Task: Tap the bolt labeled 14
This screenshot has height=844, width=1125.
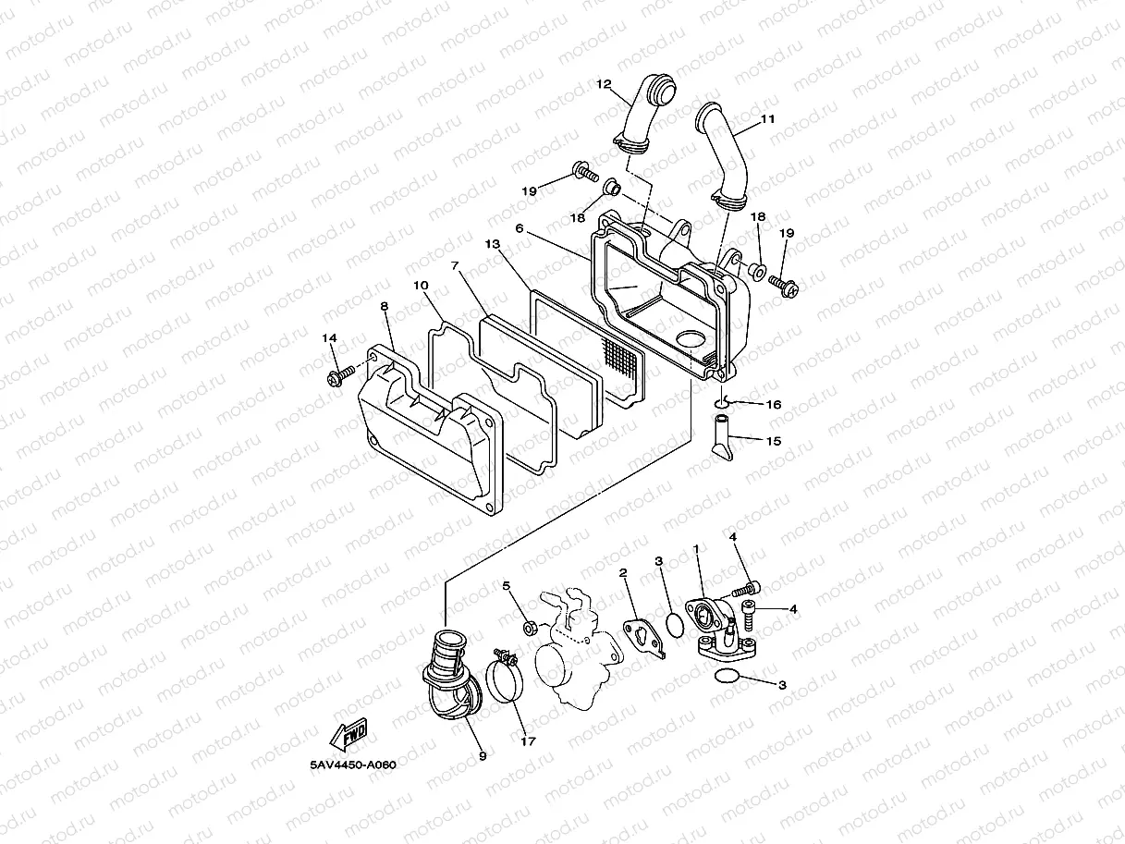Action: pos(338,374)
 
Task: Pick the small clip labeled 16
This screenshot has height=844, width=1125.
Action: pos(726,401)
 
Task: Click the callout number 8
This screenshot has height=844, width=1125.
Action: pos(384,306)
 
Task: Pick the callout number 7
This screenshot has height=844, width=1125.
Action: pos(454,265)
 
